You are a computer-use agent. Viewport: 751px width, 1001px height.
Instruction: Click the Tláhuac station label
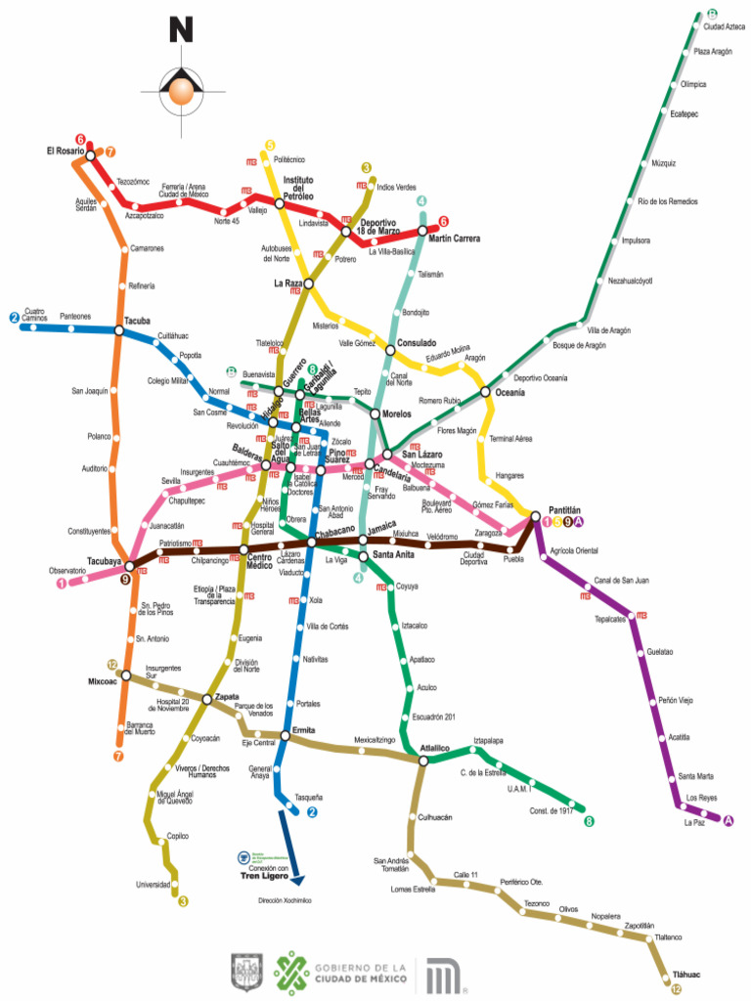pos(687,975)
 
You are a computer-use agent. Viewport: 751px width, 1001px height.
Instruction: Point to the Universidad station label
pos(153,885)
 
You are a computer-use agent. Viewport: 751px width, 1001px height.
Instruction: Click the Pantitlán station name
pos(563,510)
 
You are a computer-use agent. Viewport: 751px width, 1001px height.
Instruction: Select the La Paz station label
pos(694,822)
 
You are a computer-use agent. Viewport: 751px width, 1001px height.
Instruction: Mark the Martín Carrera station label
pos(454,239)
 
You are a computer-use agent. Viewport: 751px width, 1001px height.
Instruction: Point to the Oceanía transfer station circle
pos(485,393)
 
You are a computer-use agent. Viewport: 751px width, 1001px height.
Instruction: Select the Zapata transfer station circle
pos(207,699)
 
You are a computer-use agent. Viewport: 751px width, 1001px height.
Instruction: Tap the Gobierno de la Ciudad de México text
pos(358,973)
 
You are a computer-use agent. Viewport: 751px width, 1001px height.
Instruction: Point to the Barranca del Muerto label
pos(140,727)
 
